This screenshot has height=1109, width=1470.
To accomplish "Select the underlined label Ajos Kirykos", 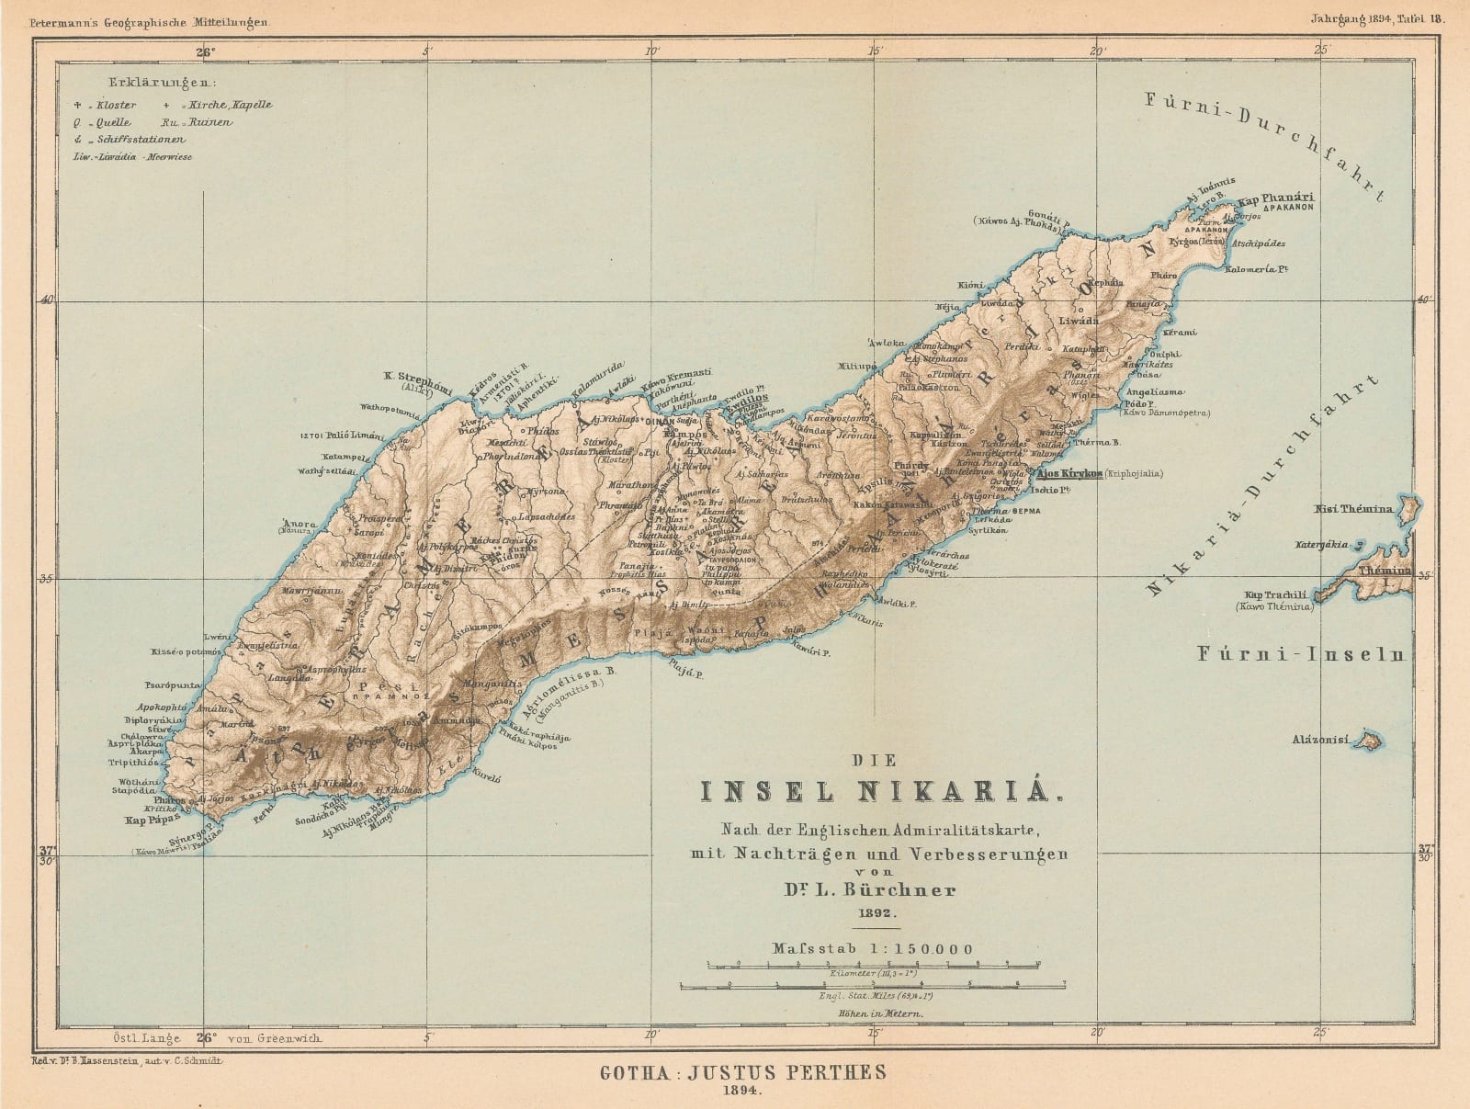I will [1069, 473].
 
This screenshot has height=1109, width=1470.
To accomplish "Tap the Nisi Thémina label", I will [1354, 508].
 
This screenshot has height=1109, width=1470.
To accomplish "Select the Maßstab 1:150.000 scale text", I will [873, 948].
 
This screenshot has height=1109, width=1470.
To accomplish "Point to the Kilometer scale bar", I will [873, 965].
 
